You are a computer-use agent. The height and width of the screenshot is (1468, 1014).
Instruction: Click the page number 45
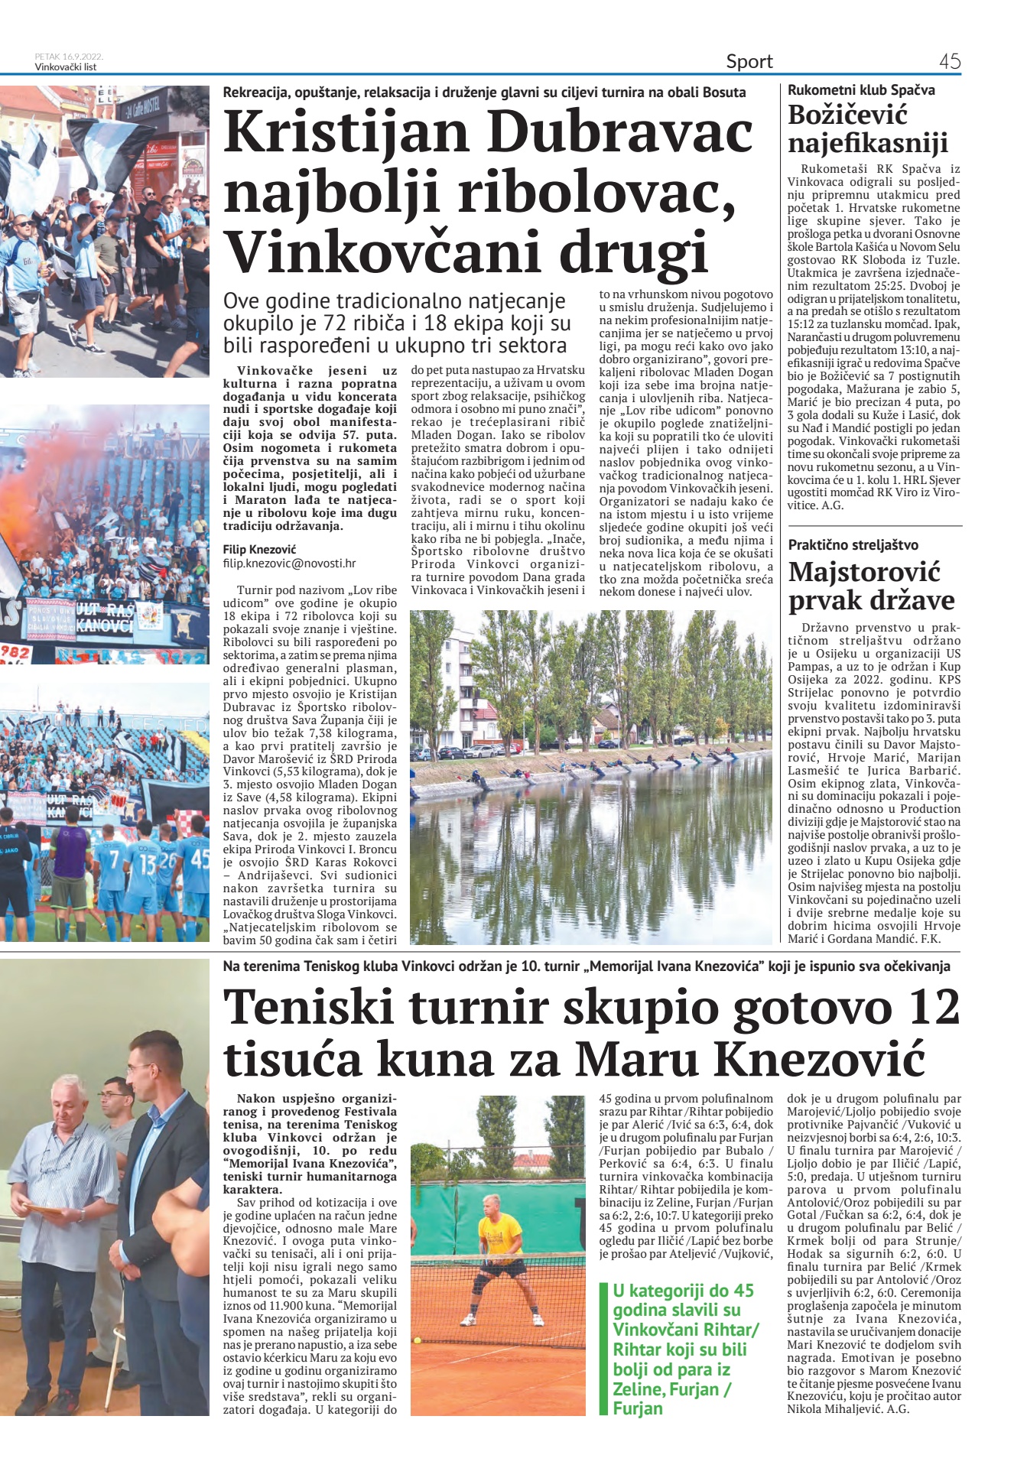tap(949, 61)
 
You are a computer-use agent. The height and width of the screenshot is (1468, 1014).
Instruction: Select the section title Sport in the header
tap(749, 61)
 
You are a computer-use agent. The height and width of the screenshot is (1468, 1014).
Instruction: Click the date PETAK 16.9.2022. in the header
tap(69, 57)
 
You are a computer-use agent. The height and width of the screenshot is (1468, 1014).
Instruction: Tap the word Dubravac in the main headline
tap(617, 132)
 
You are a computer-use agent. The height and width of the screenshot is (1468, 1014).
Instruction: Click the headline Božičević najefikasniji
tap(867, 128)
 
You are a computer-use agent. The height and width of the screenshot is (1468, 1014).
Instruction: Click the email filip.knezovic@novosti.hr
tap(289, 563)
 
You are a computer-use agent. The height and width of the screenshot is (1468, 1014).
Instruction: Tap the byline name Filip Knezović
tap(259, 549)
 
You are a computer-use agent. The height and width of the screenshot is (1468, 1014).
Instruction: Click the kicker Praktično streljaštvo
tap(853, 545)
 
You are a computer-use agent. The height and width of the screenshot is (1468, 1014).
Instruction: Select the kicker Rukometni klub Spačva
tap(861, 90)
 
